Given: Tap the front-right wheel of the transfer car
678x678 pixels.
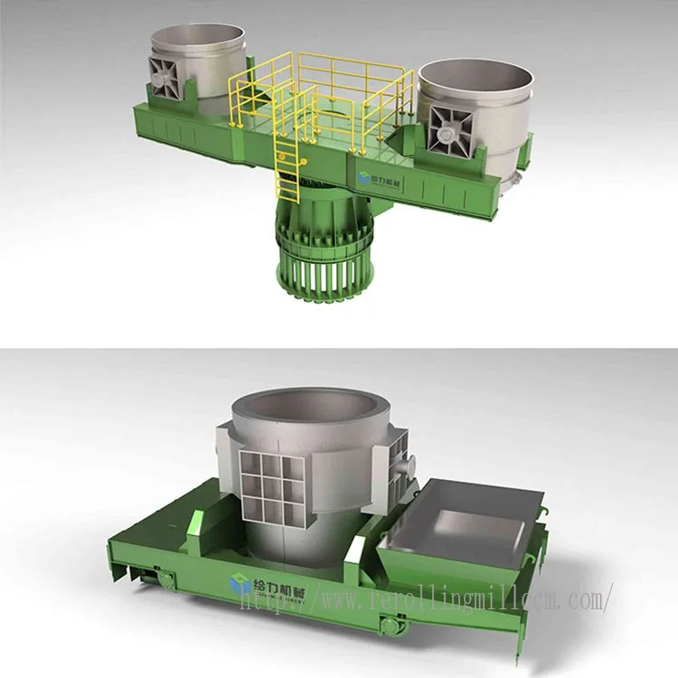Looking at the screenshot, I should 390,623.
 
